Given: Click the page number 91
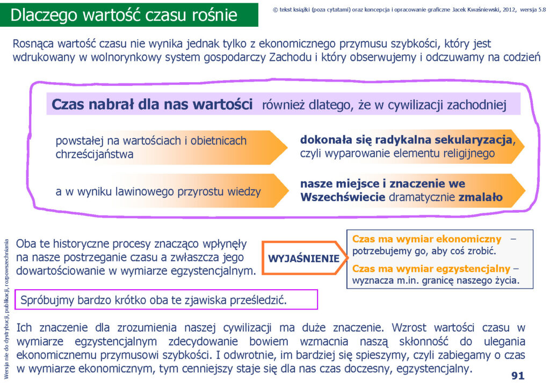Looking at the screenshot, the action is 518,376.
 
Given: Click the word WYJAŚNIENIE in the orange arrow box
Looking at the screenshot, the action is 304,258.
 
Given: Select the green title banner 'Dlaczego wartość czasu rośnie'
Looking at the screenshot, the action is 129,15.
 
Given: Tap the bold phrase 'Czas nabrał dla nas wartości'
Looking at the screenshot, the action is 152,104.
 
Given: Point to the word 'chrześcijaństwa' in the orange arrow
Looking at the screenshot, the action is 95,154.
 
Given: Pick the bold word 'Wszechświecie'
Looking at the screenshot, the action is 343,197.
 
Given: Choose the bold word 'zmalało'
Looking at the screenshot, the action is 481,197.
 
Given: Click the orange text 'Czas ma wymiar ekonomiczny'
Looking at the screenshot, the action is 426,239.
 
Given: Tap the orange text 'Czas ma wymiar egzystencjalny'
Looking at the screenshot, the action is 431,268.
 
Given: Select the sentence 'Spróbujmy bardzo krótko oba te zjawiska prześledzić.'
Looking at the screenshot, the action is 154,300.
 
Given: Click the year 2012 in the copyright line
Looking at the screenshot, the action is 509,10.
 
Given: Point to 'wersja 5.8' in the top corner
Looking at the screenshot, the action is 533,10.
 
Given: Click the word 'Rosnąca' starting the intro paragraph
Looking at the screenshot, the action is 33,44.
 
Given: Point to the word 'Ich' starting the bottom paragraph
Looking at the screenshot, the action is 24,327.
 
